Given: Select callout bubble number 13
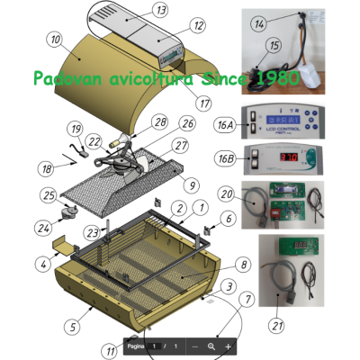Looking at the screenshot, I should [160, 10].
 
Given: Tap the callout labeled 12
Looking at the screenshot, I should [198, 25].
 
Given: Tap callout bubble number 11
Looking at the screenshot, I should [111, 349].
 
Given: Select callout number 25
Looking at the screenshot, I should [48, 194].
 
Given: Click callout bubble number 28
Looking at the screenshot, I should [160, 121].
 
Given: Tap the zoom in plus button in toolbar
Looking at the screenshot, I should [229, 346].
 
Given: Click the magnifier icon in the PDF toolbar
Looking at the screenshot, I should [211, 346].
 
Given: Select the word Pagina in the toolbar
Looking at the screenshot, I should [136, 346].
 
